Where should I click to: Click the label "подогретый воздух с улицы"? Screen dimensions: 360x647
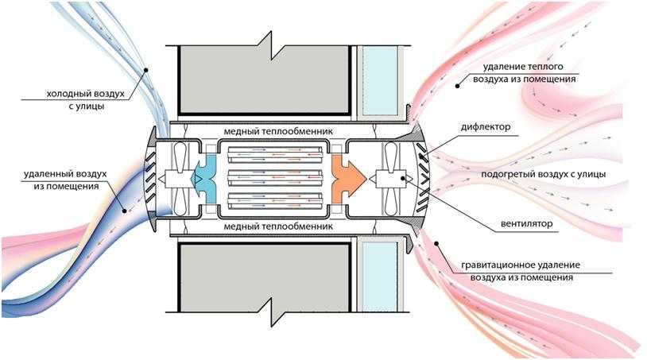[544, 174]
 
